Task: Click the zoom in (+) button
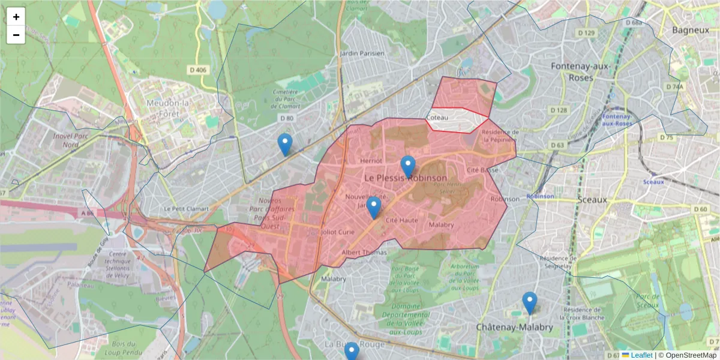16,17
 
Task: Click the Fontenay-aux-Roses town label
572,72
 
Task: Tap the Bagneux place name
691,29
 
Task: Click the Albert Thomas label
364,253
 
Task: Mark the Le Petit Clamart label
186,209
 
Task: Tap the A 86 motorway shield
88,213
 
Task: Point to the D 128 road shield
558,110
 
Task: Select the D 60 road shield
700,209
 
